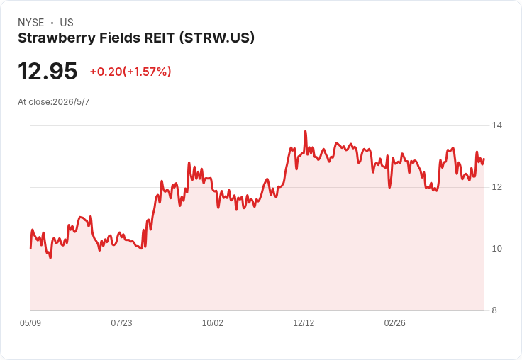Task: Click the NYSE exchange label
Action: (x=31, y=23)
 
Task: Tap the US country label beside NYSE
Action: (x=67, y=23)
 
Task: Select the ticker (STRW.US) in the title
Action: (x=217, y=38)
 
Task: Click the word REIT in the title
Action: (x=160, y=38)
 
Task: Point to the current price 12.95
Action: (x=48, y=71)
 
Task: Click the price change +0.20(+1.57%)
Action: (x=130, y=72)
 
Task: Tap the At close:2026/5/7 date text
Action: (x=54, y=102)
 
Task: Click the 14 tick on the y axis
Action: (x=497, y=125)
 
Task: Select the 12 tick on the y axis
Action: (x=497, y=187)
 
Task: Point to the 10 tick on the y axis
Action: (x=497, y=249)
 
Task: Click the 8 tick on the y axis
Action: (x=494, y=310)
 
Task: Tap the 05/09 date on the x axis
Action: (x=30, y=323)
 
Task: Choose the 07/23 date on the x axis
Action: (x=121, y=323)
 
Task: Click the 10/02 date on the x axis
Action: (x=213, y=323)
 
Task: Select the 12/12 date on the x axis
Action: (x=304, y=323)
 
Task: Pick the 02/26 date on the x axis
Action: (x=395, y=323)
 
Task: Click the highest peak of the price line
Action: (x=305, y=131)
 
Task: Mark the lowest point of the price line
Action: (x=50, y=258)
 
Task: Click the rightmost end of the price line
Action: (x=484, y=159)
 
